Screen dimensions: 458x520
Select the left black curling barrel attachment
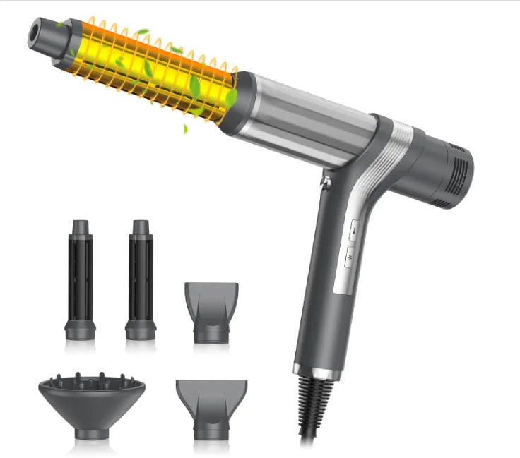pyautogui.click(x=80, y=279)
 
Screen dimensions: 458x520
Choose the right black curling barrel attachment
pyautogui.click(x=140, y=279)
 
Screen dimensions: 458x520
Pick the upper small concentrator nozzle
pyautogui.click(x=211, y=311)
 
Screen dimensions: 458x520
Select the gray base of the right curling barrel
pyautogui.click(x=140, y=328)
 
